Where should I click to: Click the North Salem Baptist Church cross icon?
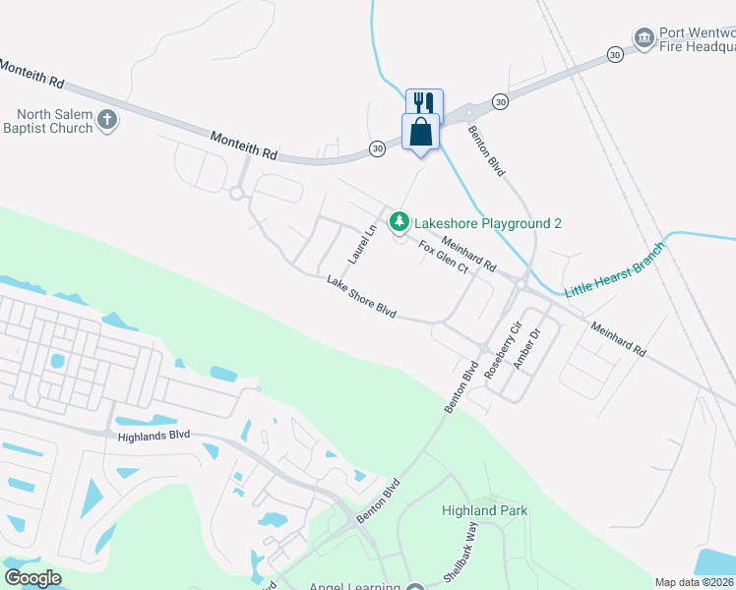click(107, 121)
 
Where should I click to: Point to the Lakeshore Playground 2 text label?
click(487, 223)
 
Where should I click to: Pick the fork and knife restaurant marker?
click(425, 103)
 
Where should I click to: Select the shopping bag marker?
click(420, 132)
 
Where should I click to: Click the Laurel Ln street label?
click(363, 244)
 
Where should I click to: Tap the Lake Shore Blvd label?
click(361, 296)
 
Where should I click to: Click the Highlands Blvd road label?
click(153, 437)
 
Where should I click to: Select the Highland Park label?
click(484, 510)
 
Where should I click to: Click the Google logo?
click(32, 578)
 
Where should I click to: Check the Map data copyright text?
click(695, 582)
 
